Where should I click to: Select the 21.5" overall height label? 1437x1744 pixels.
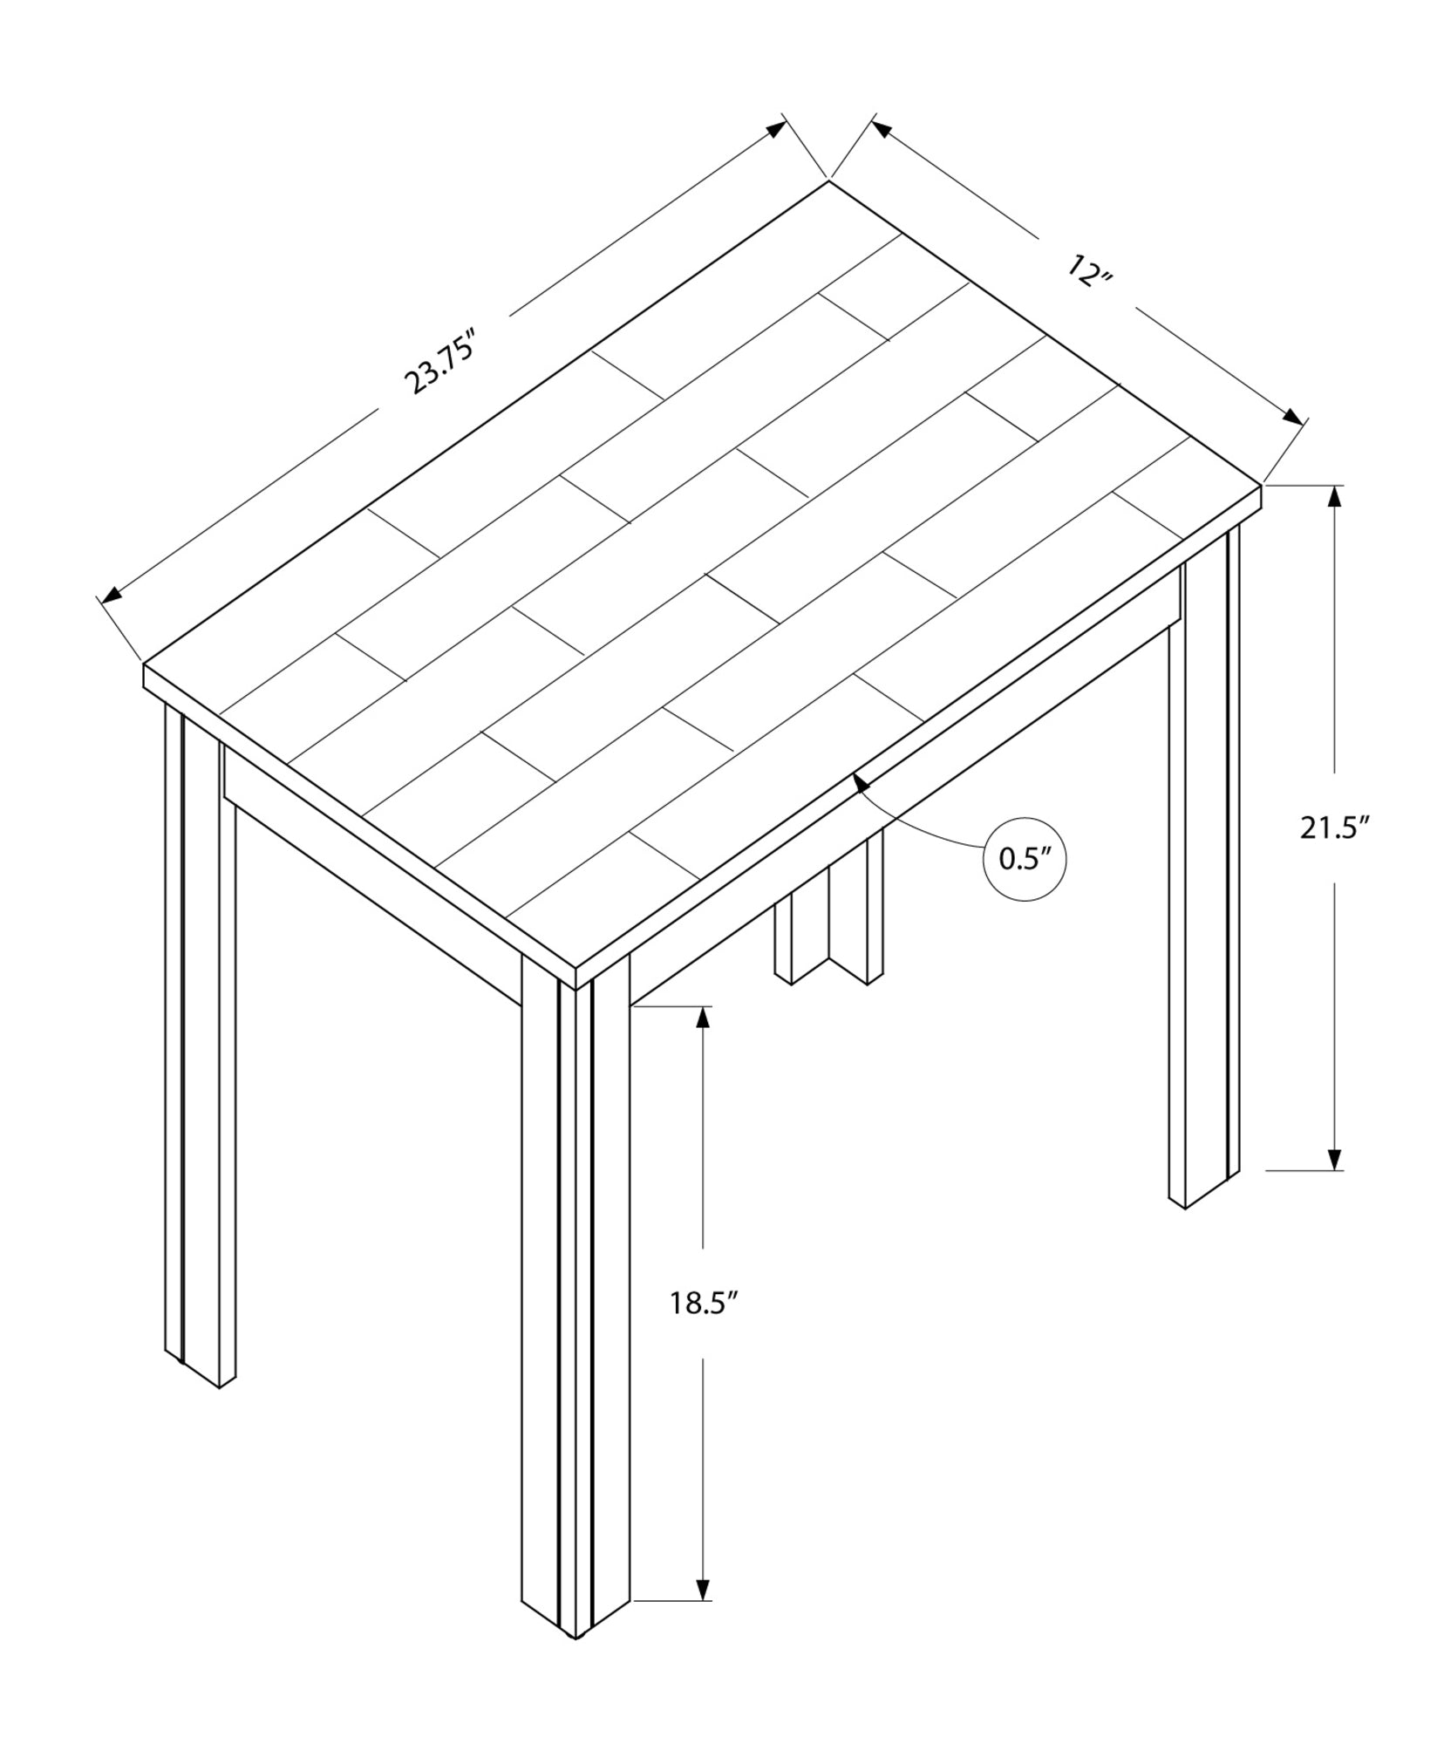click(1330, 828)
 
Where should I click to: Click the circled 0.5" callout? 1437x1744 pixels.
click(1025, 859)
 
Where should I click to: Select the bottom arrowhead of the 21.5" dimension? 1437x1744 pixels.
click(1333, 1158)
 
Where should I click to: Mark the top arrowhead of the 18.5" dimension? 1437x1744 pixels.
click(702, 1018)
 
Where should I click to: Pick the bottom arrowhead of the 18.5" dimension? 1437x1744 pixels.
click(702, 1612)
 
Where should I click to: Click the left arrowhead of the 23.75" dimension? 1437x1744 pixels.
click(112, 596)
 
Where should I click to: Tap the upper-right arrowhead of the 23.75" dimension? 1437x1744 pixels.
click(774, 129)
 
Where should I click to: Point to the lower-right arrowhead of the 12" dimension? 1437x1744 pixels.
click(1293, 417)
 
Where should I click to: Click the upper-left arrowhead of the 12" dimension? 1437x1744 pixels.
click(882, 129)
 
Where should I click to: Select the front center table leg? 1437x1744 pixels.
click(575, 1308)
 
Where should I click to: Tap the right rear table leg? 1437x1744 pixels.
click(1203, 872)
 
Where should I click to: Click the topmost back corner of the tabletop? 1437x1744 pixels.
click(827, 181)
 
